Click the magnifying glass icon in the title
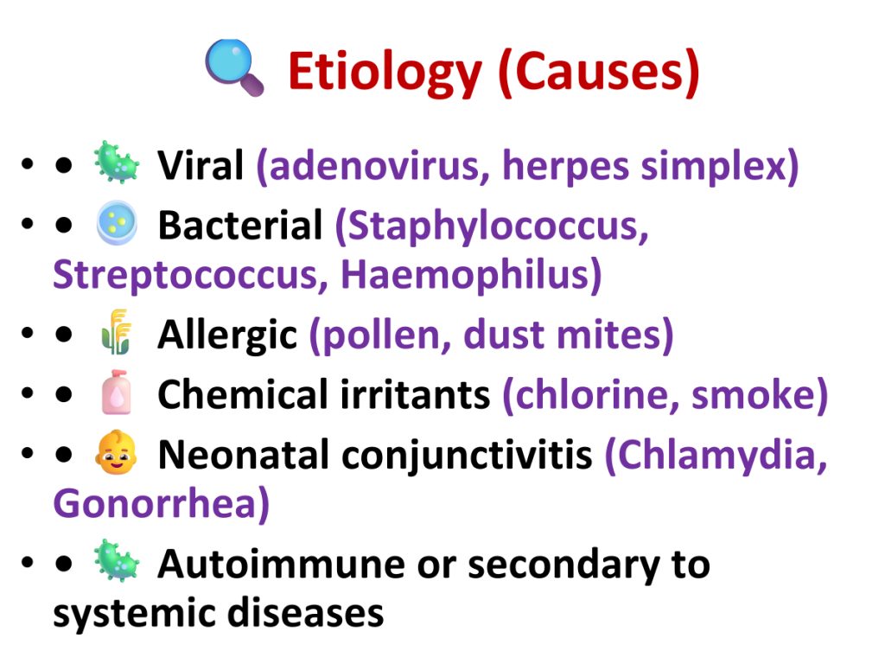point(234,67)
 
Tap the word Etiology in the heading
point(385,72)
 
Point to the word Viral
point(201,165)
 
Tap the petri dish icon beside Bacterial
point(117,222)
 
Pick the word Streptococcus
point(190,275)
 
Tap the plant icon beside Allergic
point(116,332)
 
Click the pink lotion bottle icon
point(117,392)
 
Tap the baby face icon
point(117,452)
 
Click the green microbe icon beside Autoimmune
point(117,560)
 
